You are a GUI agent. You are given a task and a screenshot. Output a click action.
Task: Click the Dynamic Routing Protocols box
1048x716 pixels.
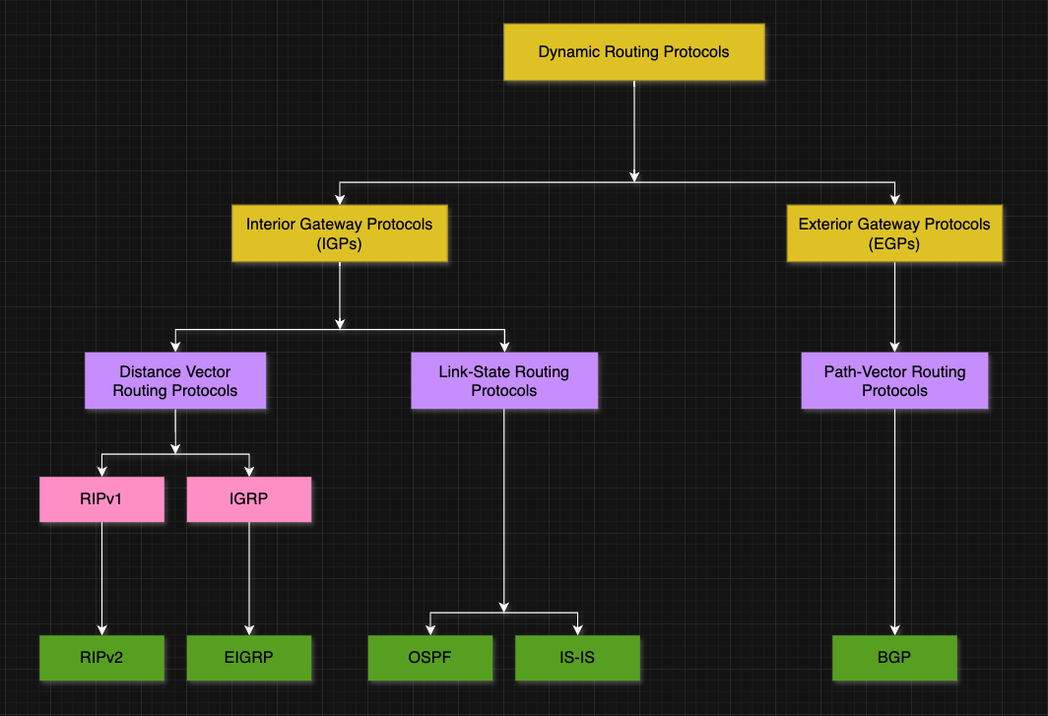[633, 52]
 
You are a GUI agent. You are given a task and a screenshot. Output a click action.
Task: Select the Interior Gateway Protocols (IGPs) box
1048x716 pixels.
[339, 233]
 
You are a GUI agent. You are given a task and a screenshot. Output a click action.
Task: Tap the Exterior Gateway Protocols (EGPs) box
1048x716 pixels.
[893, 233]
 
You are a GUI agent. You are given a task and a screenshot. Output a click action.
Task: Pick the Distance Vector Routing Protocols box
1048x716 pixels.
[175, 381]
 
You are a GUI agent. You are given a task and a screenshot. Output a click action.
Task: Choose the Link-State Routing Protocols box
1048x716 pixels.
[503, 381]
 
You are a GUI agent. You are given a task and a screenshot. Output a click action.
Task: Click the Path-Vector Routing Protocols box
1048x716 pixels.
[894, 381]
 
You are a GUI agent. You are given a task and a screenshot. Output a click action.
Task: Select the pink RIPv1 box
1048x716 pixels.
[101, 499]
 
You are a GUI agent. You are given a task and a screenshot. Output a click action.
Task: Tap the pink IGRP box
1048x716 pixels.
[248, 499]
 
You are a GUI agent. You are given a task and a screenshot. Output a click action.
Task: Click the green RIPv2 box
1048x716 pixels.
[101, 658]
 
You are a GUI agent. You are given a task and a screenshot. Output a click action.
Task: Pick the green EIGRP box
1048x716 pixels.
[248, 658]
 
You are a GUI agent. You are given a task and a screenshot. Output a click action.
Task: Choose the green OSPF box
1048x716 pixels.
[429, 658]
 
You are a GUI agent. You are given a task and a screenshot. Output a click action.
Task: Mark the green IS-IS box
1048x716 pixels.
[577, 658]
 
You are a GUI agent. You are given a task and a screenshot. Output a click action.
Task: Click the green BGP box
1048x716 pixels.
[894, 658]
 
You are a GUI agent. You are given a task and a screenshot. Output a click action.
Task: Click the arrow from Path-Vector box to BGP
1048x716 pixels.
[894, 522]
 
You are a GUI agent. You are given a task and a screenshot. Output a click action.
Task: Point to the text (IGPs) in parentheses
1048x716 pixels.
[339, 243]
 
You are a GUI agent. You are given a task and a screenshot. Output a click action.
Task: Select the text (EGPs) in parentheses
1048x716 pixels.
[893, 243]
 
